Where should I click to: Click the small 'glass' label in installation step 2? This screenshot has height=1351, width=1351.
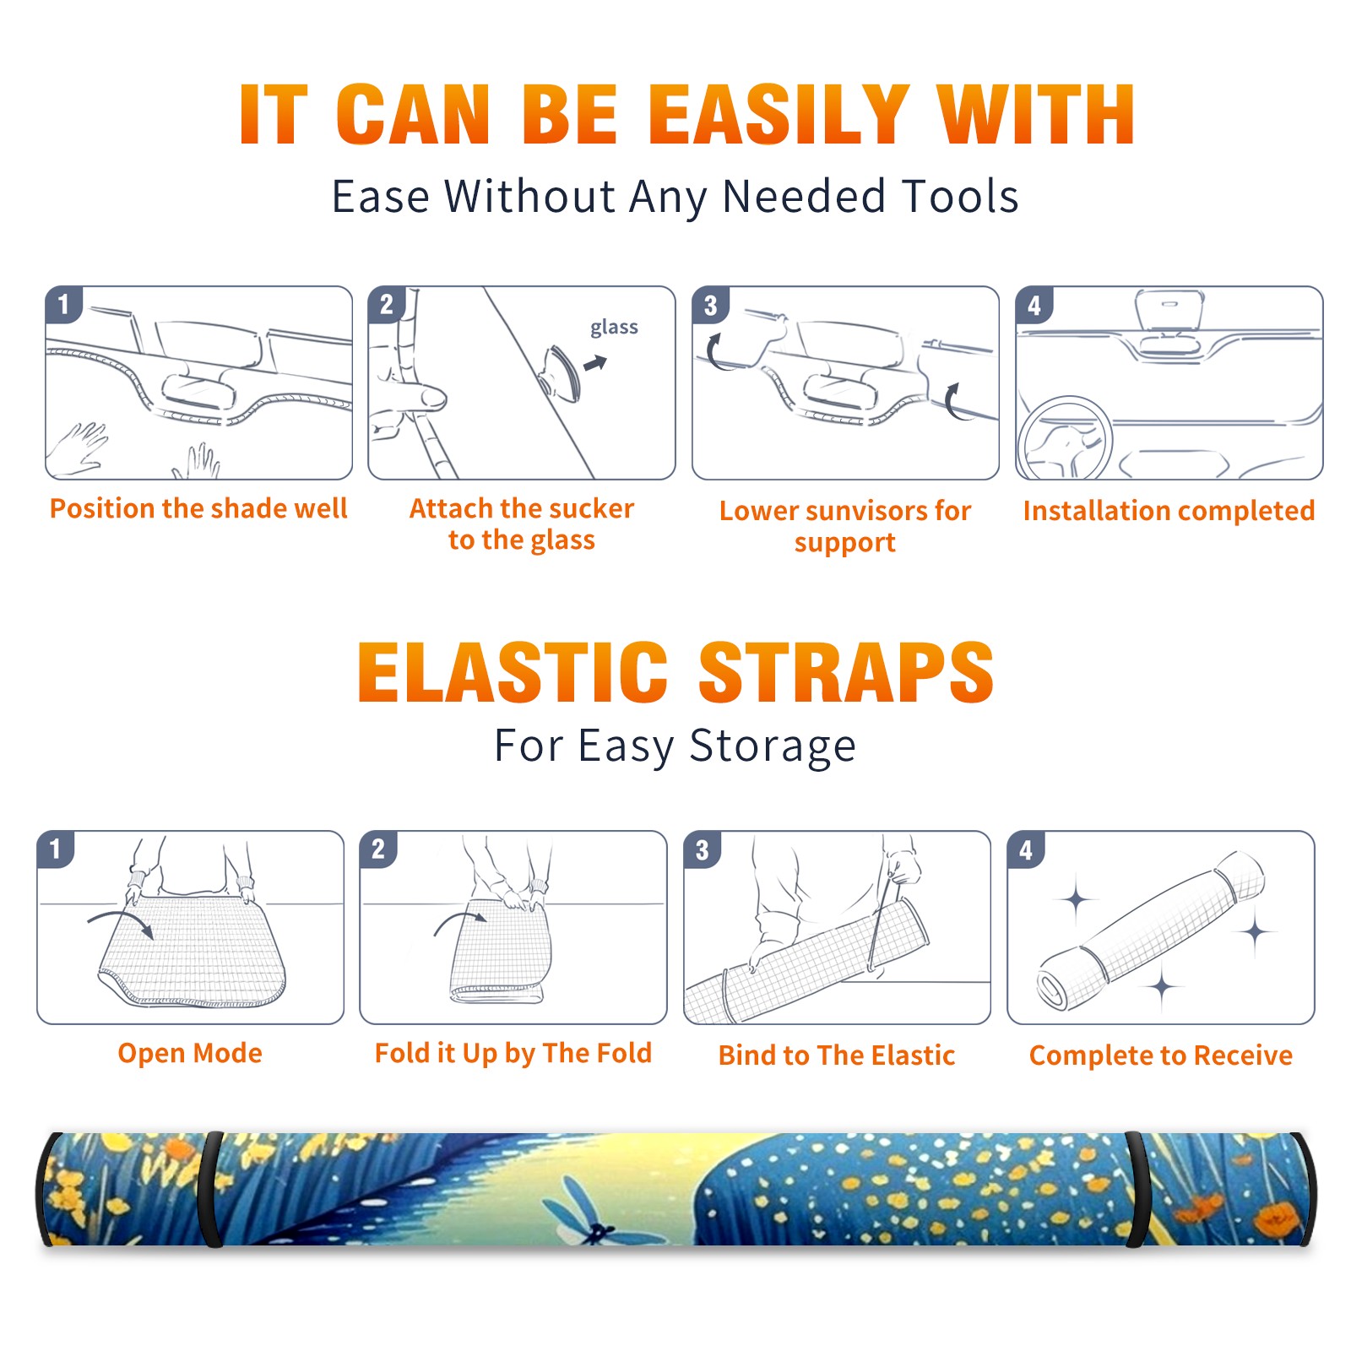click(x=614, y=328)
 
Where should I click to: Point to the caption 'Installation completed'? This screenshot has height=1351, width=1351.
click(x=1169, y=510)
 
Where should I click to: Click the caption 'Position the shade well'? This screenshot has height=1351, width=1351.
click(x=198, y=508)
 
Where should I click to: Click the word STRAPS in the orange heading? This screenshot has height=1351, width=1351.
click(x=846, y=672)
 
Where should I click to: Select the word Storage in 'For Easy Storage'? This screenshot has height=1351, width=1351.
click(x=773, y=746)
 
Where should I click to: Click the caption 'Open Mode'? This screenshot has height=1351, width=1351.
click(x=190, y=1053)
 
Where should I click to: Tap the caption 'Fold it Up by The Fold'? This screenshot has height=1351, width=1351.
click(x=513, y=1053)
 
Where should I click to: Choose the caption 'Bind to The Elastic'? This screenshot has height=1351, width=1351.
click(x=837, y=1055)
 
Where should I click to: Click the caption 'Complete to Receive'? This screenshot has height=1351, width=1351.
click(x=1161, y=1055)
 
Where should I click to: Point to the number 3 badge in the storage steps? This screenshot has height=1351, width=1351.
click(x=703, y=849)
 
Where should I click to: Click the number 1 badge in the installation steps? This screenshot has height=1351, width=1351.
click(x=64, y=304)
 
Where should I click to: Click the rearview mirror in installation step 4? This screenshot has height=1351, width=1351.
click(x=1169, y=310)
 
